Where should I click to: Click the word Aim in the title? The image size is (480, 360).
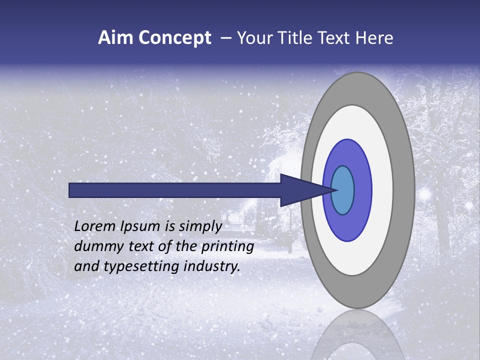pos(115,38)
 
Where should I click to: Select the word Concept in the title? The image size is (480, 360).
pos(174,38)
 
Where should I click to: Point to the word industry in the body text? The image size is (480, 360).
pos(212,266)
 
